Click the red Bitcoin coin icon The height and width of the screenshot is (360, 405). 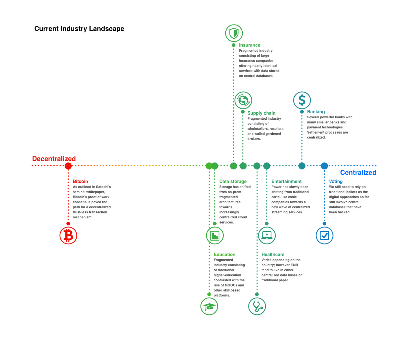(68, 235)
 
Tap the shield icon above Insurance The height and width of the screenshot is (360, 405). (234, 33)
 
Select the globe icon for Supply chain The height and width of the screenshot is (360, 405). (243, 100)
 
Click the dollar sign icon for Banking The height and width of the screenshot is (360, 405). (302, 100)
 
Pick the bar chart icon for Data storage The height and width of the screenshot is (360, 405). (215, 235)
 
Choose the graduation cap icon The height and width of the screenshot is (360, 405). (209, 306)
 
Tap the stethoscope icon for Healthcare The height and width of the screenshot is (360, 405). (257, 306)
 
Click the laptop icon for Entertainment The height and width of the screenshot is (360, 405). (267, 235)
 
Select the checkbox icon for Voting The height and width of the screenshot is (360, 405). (324, 235)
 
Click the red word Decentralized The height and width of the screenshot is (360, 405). (54, 159)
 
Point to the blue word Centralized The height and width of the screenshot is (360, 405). (358, 173)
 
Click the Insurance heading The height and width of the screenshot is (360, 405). (250, 45)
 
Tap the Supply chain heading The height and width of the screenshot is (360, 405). (261, 113)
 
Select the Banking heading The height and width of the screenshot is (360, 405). (316, 112)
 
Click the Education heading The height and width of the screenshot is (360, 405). (224, 254)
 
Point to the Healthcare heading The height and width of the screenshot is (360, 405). (273, 254)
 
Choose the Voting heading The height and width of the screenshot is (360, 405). (336, 182)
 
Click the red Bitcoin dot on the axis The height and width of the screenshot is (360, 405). (68, 166)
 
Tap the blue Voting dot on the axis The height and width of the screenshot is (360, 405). (324, 166)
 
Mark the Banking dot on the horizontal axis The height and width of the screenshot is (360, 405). (302, 166)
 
